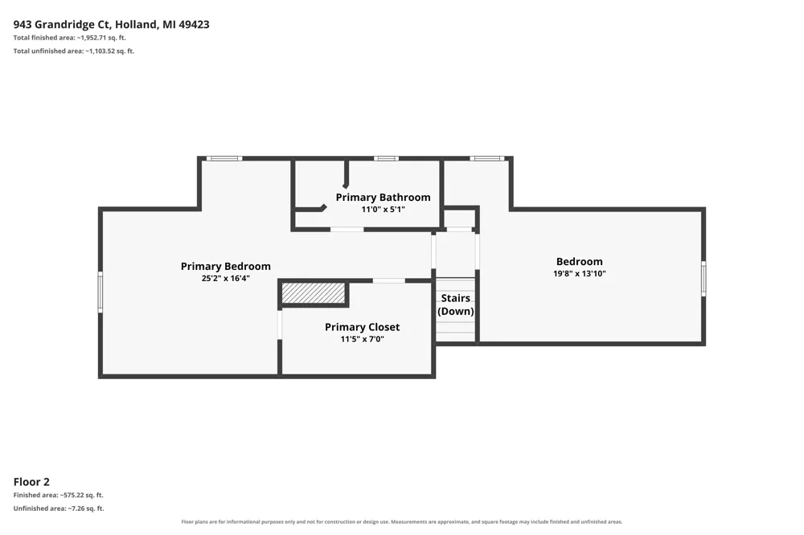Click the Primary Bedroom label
[x=226, y=267]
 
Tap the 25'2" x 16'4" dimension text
[x=226, y=279]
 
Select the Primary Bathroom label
[x=383, y=198]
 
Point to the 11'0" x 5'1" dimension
[x=383, y=209]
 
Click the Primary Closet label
[x=362, y=327]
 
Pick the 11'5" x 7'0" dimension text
[x=362, y=339]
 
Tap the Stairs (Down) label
[x=455, y=304]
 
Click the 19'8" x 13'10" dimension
[x=580, y=274]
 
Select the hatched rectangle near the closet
[x=314, y=293]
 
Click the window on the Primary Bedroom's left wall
[x=100, y=292]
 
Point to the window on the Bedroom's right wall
[x=703, y=278]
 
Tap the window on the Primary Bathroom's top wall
[x=386, y=159]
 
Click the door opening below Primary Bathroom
[x=347, y=229]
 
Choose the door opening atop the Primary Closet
[x=388, y=280]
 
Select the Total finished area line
[x=70, y=38]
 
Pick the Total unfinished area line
[x=74, y=51]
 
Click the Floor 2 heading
[x=31, y=482]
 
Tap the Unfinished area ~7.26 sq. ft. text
[x=59, y=508]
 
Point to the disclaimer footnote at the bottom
[x=402, y=521]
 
